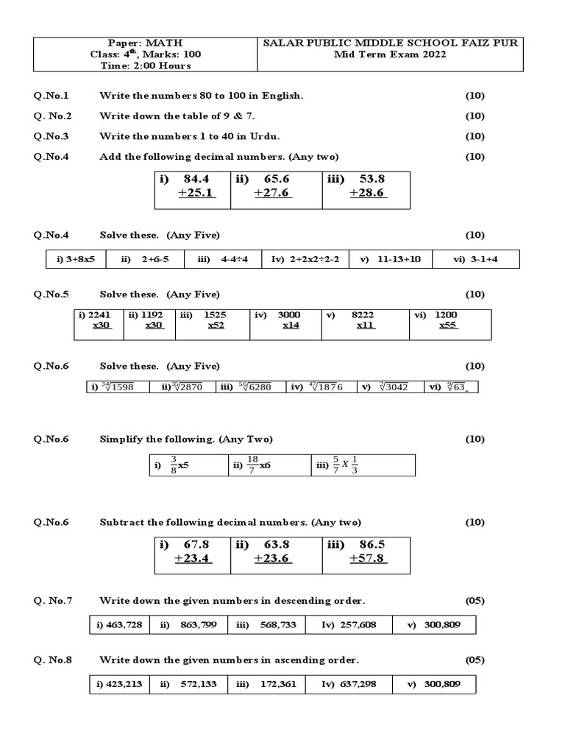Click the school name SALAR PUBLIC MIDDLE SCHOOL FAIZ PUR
point(391,43)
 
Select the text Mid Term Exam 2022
point(391,54)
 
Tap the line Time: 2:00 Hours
point(145,65)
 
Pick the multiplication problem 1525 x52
point(214,320)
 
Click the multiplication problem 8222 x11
point(364,320)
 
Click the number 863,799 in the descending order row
point(198,624)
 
